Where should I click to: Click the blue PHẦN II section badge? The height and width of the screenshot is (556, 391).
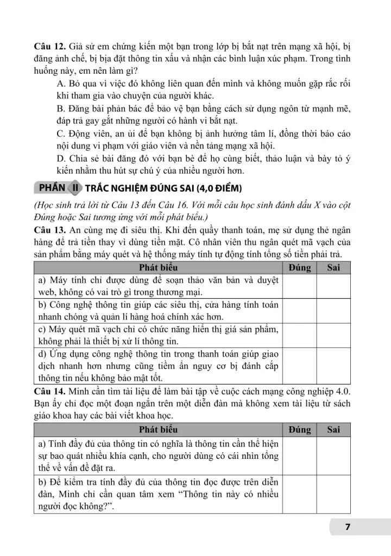tap(58, 188)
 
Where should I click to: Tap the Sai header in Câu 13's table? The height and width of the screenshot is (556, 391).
tap(333, 268)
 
